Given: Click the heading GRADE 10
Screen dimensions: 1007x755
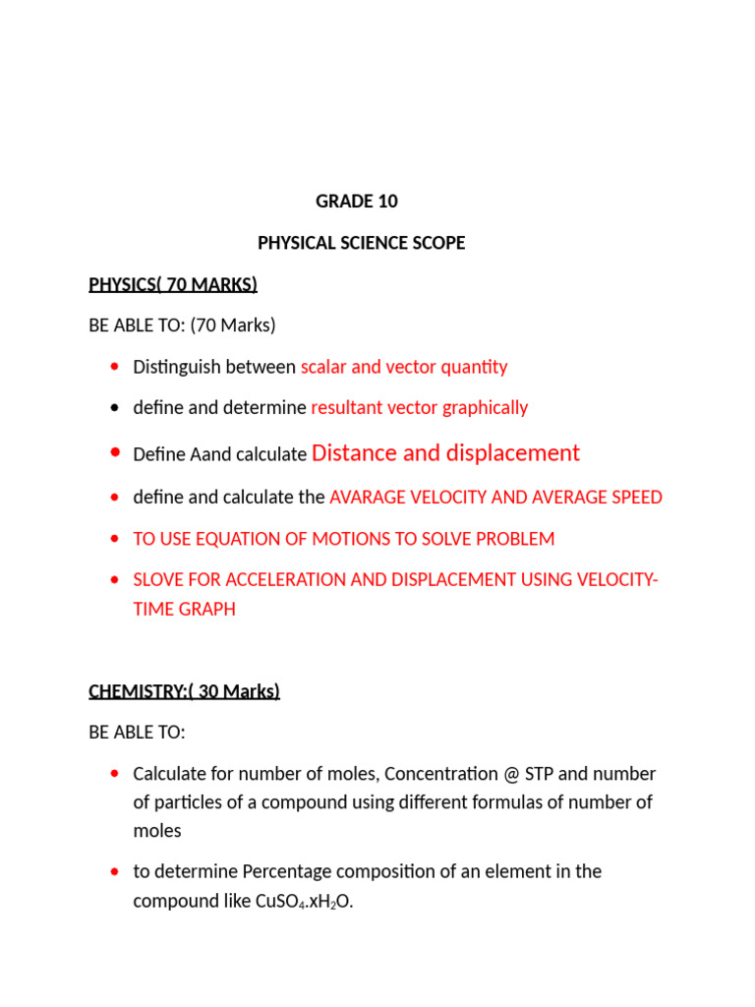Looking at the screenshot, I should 357,202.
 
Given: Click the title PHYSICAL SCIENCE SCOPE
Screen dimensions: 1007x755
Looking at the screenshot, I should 361,243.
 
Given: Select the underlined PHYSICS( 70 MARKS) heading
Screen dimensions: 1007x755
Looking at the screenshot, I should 173,285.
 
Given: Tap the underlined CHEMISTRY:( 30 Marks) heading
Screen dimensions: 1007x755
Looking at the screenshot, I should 184,691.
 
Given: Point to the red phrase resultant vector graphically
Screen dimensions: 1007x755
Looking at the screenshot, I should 419,408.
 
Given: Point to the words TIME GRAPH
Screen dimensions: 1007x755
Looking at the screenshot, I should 184,610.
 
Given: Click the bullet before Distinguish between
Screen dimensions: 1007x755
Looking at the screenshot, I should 116,368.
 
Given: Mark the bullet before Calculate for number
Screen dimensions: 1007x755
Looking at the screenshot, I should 116,775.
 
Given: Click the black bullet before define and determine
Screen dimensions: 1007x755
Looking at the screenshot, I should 116,408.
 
